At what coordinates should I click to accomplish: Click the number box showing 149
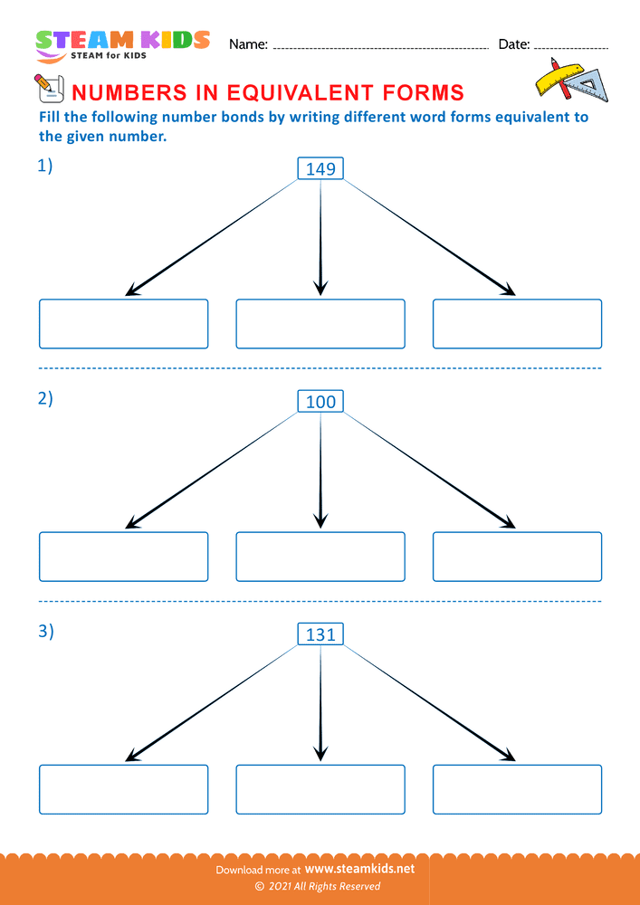pyautogui.click(x=320, y=167)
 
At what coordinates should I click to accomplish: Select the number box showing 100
pyautogui.click(x=320, y=401)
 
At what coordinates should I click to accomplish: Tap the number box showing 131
pyautogui.click(x=320, y=634)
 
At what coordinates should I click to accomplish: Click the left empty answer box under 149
pyautogui.click(x=123, y=324)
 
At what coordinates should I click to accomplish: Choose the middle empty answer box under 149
pyautogui.click(x=320, y=324)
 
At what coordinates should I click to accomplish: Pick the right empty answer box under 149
pyautogui.click(x=517, y=324)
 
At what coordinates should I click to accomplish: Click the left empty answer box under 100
pyautogui.click(x=123, y=557)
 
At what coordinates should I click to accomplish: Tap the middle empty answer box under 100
pyautogui.click(x=320, y=557)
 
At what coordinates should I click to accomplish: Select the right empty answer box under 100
pyautogui.click(x=517, y=557)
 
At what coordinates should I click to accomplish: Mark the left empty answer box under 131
pyautogui.click(x=123, y=789)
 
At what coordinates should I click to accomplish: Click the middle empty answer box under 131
pyautogui.click(x=320, y=789)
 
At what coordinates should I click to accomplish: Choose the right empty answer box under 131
pyautogui.click(x=517, y=789)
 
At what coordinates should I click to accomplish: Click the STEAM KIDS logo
pyautogui.click(x=122, y=44)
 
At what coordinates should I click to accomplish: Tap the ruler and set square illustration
pyautogui.click(x=567, y=80)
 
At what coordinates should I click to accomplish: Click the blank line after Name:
pyautogui.click(x=380, y=45)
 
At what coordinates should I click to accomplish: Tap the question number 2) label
pyautogui.click(x=45, y=399)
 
